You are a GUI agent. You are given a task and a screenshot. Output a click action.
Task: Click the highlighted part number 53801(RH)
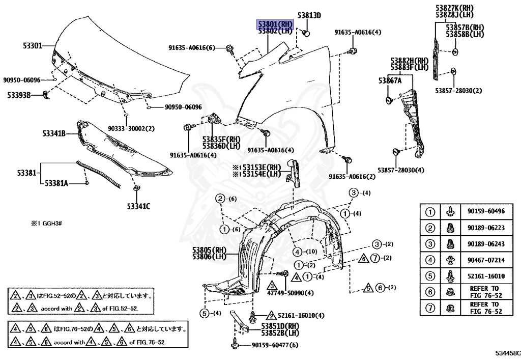click(275, 23)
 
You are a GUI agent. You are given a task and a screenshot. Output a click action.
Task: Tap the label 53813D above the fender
click(309, 16)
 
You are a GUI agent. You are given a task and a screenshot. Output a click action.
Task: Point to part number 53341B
click(54, 133)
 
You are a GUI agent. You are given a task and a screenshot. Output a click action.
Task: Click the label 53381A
click(56, 182)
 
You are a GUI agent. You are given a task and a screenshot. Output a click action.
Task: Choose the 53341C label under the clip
click(139, 206)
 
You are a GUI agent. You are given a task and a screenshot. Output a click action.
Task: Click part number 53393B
click(19, 95)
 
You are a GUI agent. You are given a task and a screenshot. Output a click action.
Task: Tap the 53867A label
click(390, 80)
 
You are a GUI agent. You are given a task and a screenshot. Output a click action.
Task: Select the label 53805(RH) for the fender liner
click(209, 250)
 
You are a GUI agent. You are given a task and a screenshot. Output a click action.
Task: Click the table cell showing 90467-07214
click(482, 260)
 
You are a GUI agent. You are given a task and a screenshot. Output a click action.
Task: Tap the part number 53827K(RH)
click(454, 8)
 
